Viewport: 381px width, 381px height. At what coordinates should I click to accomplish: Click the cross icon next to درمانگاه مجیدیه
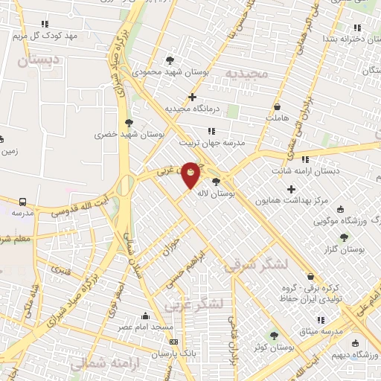pos(192,97)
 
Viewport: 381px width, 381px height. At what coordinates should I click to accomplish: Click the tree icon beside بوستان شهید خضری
pos(129,123)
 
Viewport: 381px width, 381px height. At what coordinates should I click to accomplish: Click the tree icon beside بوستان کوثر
pos(273,336)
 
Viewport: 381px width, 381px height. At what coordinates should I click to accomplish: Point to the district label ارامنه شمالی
pos(100,364)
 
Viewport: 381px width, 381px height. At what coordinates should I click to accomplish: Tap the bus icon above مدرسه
pos(22,202)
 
